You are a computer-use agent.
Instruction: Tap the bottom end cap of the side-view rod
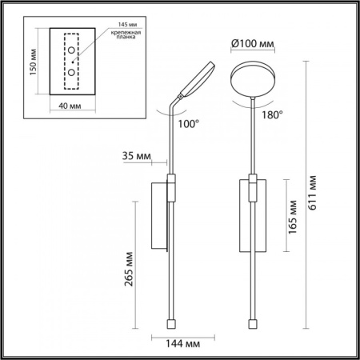(170, 325)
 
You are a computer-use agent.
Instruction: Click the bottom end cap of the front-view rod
(254, 325)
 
